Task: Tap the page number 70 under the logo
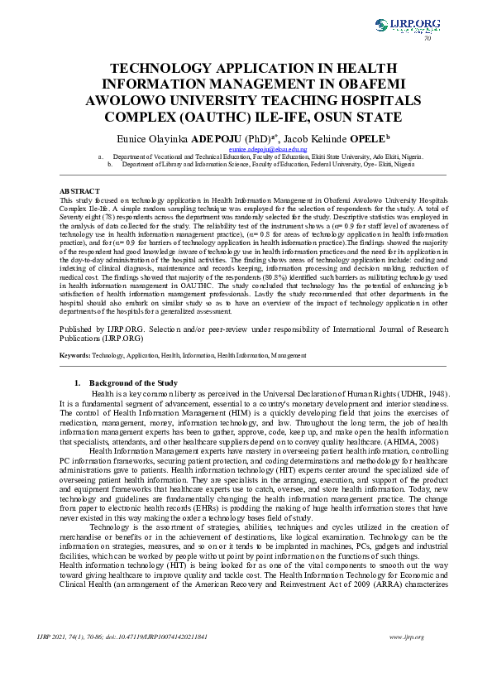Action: (428, 39)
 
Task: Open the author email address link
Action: (245, 148)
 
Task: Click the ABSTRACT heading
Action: (80, 191)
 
